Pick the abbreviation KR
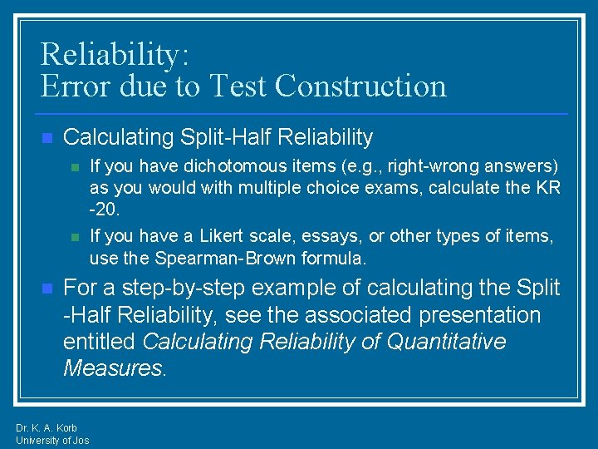click(545, 188)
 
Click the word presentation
click(465, 315)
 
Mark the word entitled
click(100, 342)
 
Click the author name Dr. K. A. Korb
click(47, 428)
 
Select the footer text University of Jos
click(52, 440)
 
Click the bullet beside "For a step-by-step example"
click(47, 289)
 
